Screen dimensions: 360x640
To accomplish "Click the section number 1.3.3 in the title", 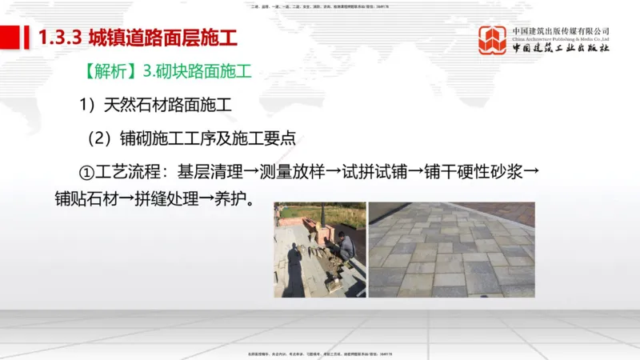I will [x=61, y=38].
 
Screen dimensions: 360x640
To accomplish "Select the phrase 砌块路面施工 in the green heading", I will [x=204, y=71].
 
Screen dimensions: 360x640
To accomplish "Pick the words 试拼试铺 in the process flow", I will [x=392, y=170].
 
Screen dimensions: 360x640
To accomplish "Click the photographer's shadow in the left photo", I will [x=294, y=272].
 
